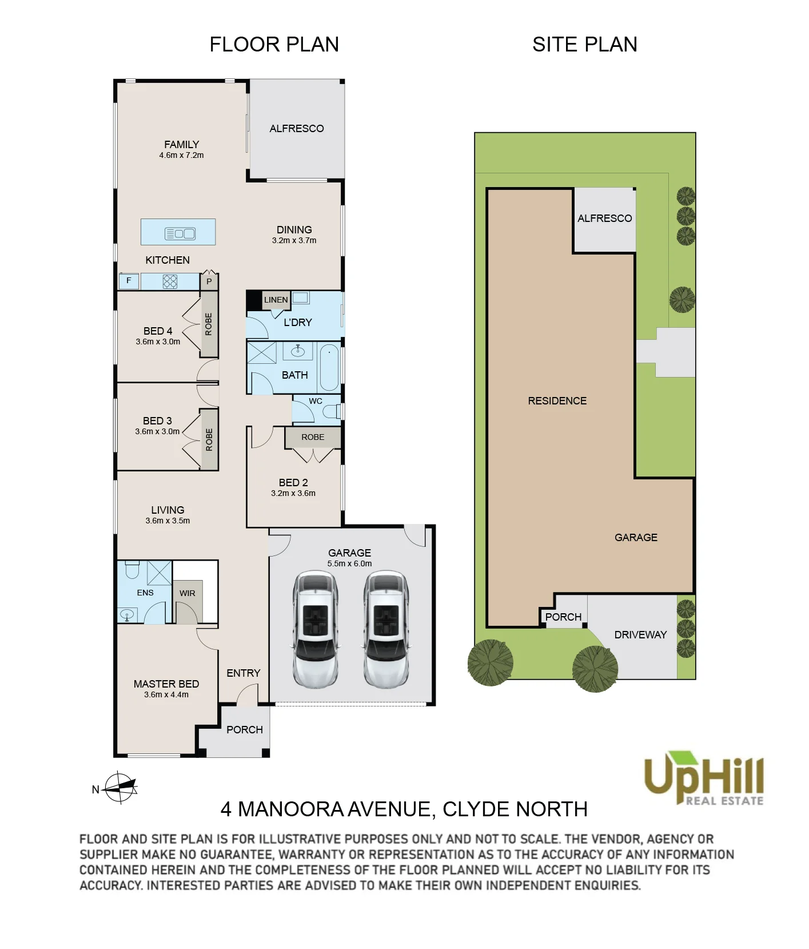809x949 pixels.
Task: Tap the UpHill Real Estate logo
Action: tap(704, 779)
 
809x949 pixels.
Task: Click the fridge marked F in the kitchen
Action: tap(129, 281)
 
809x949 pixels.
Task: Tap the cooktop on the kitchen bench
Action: tap(170, 281)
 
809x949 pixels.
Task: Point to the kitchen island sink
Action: tap(180, 233)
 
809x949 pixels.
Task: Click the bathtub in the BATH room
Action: tap(329, 367)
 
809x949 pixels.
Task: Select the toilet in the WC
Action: tap(333, 411)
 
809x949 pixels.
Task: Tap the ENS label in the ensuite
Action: tap(145, 593)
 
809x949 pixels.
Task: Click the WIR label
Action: tap(188, 593)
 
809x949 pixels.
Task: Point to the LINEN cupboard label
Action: tap(276, 300)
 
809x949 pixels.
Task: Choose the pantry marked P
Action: tap(209, 281)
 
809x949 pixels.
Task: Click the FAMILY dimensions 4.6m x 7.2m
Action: tap(181, 155)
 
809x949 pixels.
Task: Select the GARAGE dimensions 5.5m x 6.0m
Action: tap(349, 563)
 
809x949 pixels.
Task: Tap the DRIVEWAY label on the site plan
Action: tap(640, 634)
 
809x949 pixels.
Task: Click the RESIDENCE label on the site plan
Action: tap(557, 401)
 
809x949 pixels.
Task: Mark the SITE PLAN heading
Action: tap(585, 44)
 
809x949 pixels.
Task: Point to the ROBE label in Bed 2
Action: tap(313, 437)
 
